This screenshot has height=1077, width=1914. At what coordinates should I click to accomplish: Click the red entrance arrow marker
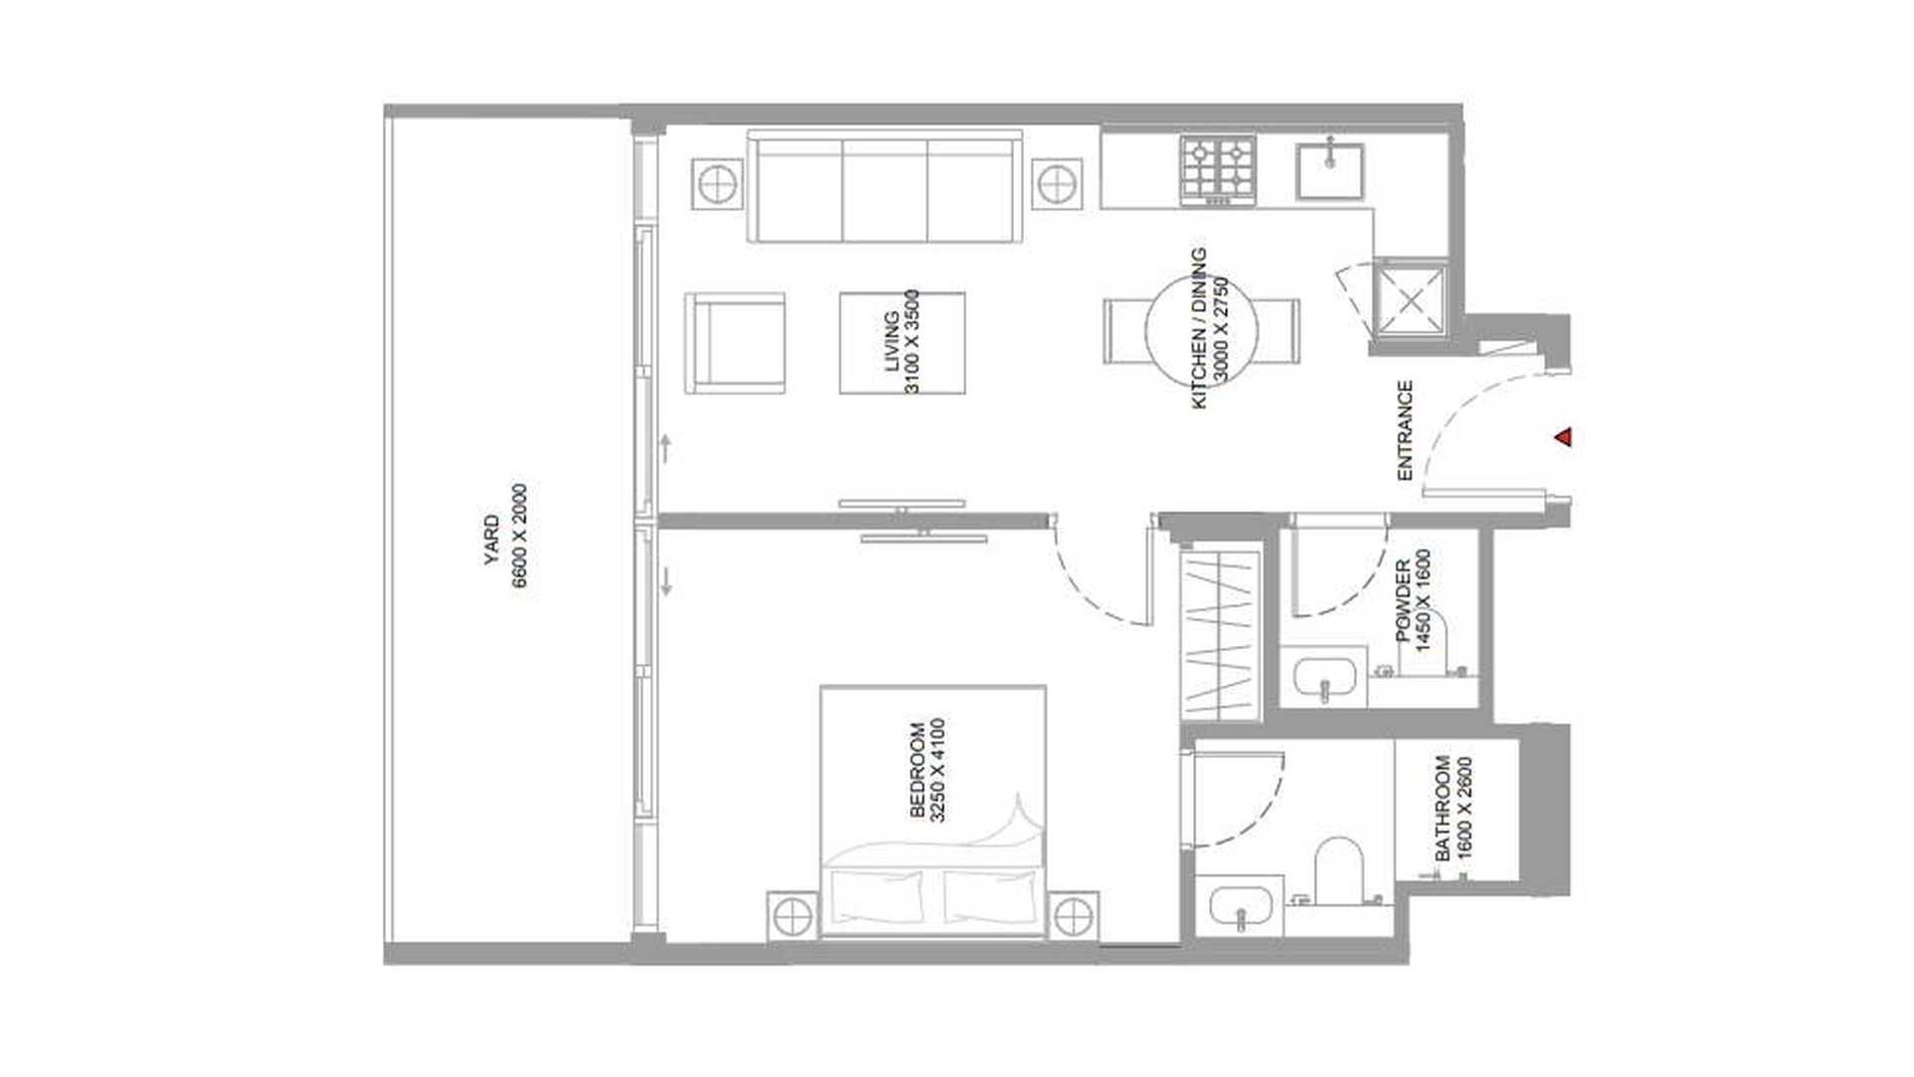coord(1564,437)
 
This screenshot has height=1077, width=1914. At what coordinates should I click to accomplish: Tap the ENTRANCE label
coord(1405,430)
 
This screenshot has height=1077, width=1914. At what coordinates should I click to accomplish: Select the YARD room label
coord(491,539)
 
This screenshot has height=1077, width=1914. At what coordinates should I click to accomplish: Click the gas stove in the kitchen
coord(1218,171)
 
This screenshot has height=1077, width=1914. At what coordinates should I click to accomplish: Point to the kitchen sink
coord(1330,171)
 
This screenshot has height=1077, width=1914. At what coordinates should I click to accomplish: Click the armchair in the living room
coord(735,342)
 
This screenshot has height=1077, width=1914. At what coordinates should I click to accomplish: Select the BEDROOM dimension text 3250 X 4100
coord(936,770)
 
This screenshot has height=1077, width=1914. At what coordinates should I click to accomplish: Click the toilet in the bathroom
coord(1339,870)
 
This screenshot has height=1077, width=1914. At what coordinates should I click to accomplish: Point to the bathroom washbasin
coord(1240,907)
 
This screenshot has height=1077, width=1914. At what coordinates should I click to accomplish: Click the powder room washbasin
coord(1324,677)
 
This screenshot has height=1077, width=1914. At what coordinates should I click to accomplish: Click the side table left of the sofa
coord(717,183)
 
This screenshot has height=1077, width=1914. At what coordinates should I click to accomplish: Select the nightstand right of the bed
coord(1072,915)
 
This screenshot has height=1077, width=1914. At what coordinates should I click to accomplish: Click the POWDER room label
coord(1403,601)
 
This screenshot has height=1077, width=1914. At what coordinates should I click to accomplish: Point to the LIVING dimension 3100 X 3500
coord(911,341)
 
